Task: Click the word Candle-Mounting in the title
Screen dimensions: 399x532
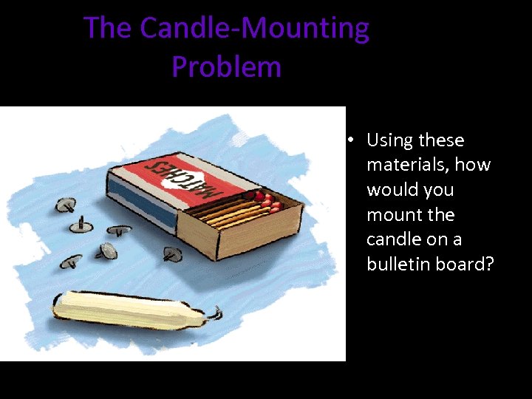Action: coord(254,29)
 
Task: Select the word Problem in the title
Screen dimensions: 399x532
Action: coord(226,66)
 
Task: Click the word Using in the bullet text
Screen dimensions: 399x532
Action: coord(390,140)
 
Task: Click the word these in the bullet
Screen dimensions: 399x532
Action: coord(441,140)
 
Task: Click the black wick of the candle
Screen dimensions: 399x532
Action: coord(215,316)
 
